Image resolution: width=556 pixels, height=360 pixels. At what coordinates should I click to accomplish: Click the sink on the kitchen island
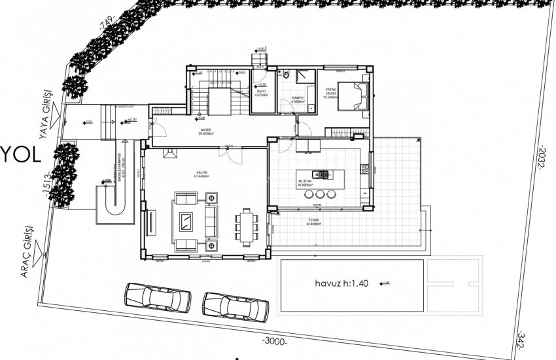coord(321,174)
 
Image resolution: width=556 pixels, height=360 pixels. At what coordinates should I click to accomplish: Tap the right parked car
coord(235,304)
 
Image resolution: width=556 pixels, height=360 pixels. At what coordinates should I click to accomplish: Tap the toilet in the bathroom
coord(286,77)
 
